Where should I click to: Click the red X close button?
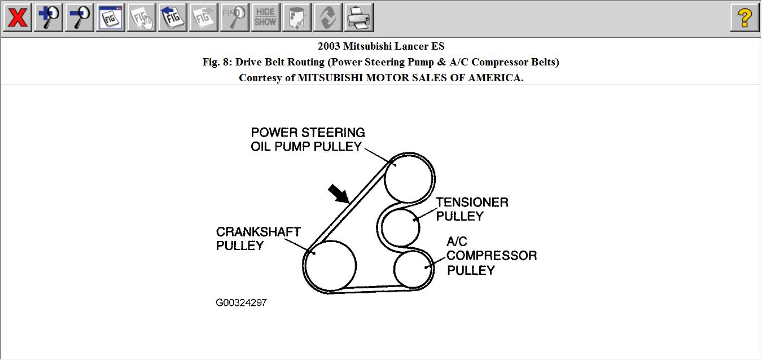[17, 17]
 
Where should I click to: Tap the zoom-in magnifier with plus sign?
[49, 17]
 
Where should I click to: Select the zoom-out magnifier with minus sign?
[79, 17]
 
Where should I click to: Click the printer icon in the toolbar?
[358, 17]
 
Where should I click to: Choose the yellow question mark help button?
[744, 17]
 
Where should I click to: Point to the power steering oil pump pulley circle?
[409, 179]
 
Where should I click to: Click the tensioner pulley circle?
[401, 227]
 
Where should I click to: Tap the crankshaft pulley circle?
[330, 265]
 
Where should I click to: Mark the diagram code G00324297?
[241, 303]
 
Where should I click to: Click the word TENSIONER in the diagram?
[472, 202]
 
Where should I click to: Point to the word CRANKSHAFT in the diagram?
[259, 232]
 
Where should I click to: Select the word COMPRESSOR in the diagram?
[492, 256]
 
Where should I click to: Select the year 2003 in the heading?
[329, 46]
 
